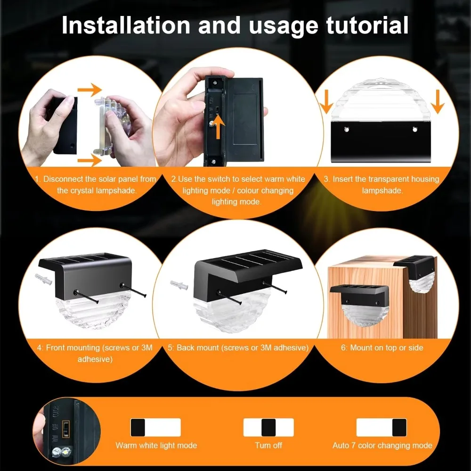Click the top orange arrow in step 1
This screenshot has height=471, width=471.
(x=89, y=89)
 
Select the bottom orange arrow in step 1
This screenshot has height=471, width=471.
(x=89, y=162)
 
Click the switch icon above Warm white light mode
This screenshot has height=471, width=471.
(x=155, y=427)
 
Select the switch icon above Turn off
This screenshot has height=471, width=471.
(x=268, y=427)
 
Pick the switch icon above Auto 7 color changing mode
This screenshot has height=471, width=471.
(x=381, y=427)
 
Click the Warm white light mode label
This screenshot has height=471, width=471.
(x=156, y=445)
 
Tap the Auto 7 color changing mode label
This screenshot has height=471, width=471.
(x=382, y=445)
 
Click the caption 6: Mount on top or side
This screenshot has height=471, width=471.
(x=382, y=348)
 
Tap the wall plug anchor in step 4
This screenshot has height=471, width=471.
(x=42, y=278)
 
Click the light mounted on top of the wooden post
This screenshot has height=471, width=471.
(x=415, y=273)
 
